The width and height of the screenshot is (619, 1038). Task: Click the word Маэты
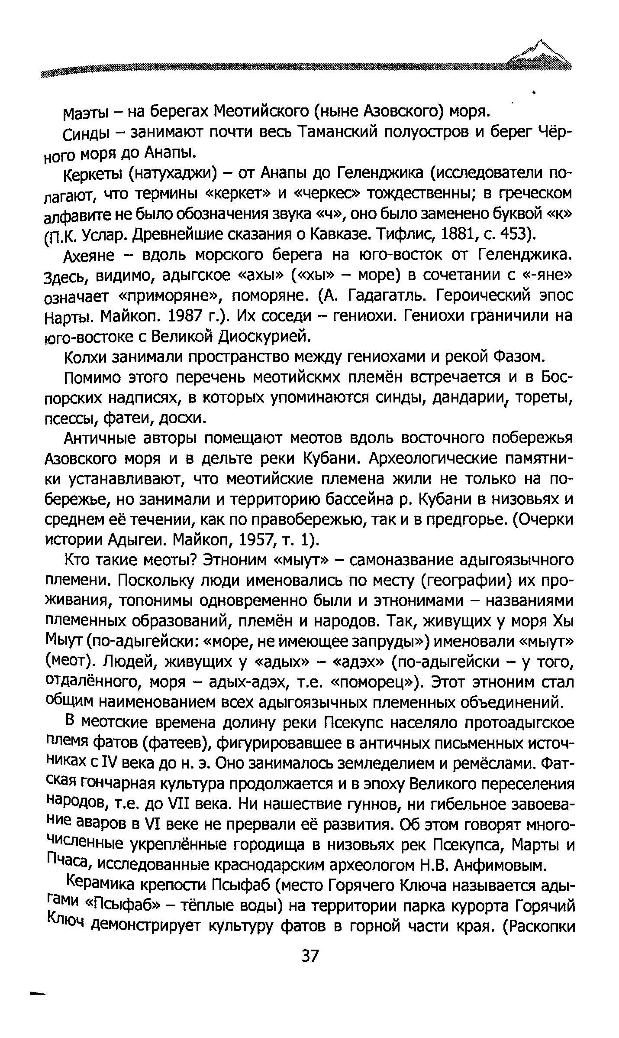pyautogui.click(x=87, y=114)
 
